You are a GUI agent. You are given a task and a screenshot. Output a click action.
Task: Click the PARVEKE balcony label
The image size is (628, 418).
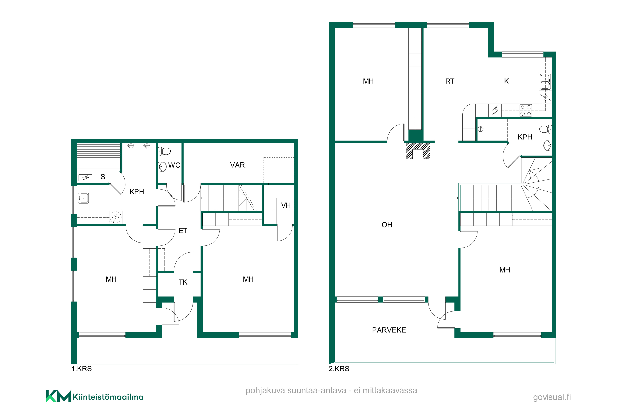(389, 330)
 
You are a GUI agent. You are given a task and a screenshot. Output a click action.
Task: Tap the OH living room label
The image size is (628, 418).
(387, 225)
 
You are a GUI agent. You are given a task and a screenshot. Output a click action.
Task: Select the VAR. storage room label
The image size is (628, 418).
(238, 165)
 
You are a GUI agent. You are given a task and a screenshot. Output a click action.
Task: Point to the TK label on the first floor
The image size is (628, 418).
(183, 282)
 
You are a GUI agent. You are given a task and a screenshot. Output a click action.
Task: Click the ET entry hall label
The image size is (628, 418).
(183, 231)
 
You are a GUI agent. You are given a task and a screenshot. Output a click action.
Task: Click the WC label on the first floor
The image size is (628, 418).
(174, 165)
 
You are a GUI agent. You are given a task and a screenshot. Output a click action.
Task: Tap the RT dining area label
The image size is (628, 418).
(449, 81)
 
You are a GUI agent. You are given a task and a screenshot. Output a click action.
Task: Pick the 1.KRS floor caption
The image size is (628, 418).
(81, 369)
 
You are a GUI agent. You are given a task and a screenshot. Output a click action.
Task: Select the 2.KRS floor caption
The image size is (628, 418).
(339, 369)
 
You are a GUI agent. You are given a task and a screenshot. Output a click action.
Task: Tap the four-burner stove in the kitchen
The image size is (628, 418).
(525, 110)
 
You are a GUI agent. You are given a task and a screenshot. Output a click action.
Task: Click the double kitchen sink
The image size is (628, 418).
(545, 82)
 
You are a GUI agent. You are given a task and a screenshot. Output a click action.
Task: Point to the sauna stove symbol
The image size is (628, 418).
(85, 178)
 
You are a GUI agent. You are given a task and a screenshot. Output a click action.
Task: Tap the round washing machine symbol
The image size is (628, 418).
(116, 217)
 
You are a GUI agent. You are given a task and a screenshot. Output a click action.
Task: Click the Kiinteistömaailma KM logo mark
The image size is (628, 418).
(58, 396)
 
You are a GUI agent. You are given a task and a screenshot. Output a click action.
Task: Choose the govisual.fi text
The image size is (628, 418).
(552, 397)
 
